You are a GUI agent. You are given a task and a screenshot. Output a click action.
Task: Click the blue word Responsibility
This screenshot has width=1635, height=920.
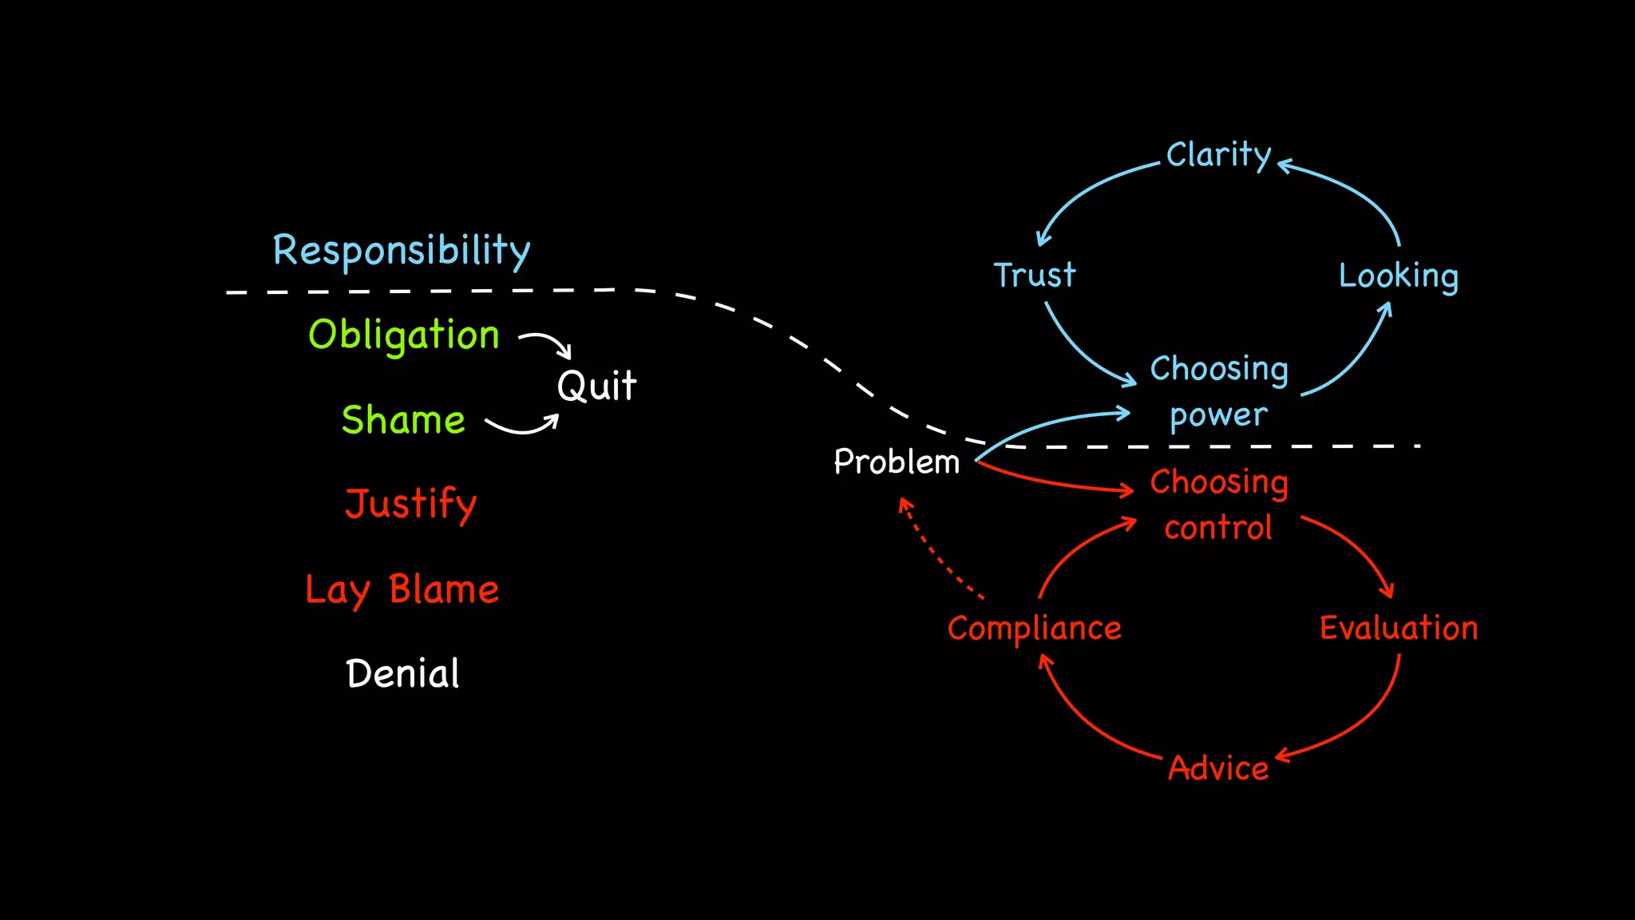pos(402,251)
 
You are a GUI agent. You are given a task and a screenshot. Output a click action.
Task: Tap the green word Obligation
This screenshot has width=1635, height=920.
pos(404,335)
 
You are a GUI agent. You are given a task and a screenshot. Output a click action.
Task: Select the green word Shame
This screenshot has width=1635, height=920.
pos(403,420)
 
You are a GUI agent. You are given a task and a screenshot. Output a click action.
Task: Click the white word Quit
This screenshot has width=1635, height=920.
pos(596,386)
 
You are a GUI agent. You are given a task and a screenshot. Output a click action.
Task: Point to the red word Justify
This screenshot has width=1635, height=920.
pos(410,504)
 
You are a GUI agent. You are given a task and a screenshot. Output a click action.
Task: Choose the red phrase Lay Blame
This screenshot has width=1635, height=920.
pos(402,589)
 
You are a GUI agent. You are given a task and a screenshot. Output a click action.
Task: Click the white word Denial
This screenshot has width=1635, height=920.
pos(403,674)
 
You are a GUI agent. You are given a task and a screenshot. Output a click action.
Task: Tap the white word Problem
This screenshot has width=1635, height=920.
pos(897,462)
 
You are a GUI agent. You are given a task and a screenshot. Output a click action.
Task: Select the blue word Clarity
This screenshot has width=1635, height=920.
pos(1218,155)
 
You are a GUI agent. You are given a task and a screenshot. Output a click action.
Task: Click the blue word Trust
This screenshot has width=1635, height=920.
pos(1035,275)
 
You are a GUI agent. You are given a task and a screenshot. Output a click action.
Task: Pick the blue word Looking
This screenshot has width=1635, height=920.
pos(1398,276)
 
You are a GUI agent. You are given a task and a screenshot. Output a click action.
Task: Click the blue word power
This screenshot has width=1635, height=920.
pos(1218,415)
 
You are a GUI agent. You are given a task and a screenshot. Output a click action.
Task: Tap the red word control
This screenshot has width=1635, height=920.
pos(1218,528)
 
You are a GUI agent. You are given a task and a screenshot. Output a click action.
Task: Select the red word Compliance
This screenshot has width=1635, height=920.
pos(1035,629)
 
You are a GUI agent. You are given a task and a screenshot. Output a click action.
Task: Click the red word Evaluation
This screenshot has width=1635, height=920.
pos(1399,628)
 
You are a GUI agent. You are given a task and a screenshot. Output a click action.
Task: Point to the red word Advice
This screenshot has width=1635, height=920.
pos(1218,768)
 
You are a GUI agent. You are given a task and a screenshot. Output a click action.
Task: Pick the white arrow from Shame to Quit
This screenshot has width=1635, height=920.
pos(523,430)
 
